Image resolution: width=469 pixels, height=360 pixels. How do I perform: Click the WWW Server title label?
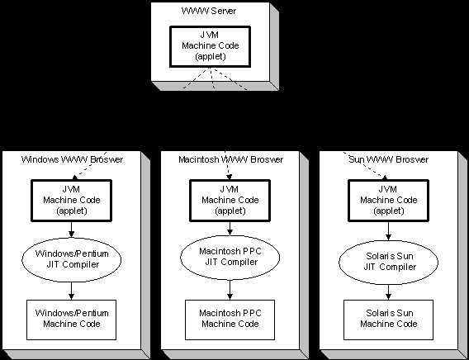point(209,11)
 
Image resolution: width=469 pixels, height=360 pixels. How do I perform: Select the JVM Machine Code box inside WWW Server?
point(210,46)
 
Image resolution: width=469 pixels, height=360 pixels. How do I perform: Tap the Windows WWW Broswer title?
point(72,159)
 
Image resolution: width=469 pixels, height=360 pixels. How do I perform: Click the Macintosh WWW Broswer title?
point(230,159)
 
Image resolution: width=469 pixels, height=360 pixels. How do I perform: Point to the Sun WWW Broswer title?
point(389,159)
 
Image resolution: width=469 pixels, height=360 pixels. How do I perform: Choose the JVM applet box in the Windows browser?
point(72,201)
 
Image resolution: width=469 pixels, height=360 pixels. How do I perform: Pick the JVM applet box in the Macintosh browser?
point(230,201)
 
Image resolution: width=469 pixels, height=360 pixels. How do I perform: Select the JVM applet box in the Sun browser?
point(389,201)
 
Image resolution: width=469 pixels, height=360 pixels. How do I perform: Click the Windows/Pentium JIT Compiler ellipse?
point(72,259)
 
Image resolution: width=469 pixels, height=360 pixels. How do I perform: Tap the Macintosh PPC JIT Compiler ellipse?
point(230,257)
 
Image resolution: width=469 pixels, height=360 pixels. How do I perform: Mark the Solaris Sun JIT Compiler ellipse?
point(389,263)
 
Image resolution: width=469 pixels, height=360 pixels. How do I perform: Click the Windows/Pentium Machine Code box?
point(72,320)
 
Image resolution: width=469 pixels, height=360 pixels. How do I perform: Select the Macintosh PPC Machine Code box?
point(230,320)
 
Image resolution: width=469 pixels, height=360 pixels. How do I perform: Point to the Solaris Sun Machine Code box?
point(389,320)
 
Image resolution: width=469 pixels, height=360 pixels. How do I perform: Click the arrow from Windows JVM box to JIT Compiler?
point(71,230)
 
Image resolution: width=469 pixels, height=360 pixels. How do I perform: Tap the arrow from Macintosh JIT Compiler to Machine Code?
point(230,290)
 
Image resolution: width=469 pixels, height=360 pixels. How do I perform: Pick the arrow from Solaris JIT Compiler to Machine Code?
point(388,292)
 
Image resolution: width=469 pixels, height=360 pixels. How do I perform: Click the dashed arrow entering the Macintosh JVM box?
point(227,165)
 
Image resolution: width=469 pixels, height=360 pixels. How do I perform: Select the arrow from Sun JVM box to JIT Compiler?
point(388,231)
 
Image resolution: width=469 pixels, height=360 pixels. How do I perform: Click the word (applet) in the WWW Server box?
point(211,56)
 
